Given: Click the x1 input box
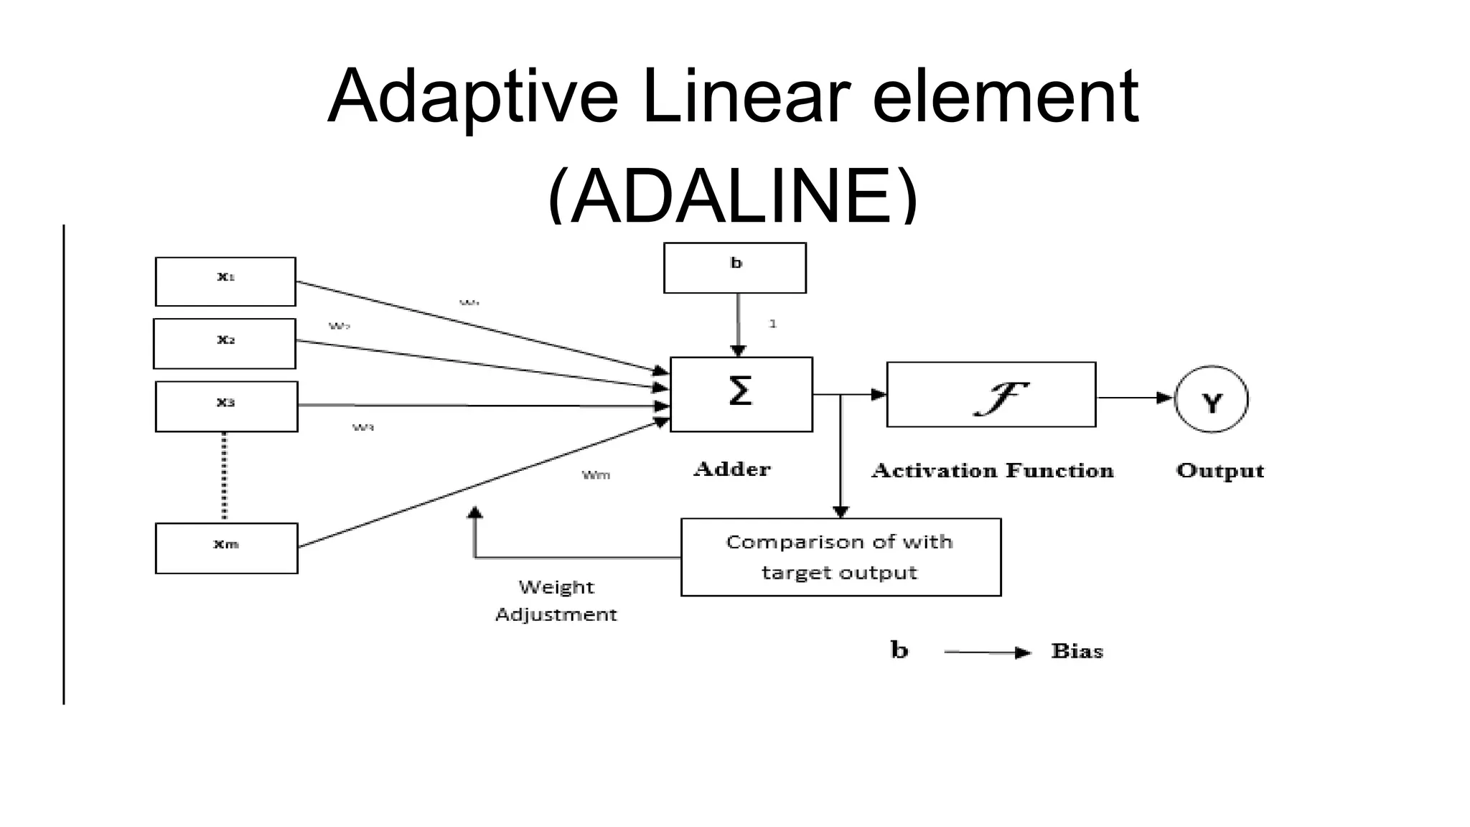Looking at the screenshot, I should [x=225, y=281].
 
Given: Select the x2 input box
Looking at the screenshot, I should [x=225, y=343].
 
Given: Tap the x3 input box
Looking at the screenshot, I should [x=226, y=406].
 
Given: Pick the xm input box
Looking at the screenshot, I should [x=226, y=548].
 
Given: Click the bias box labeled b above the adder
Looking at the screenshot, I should [x=734, y=268].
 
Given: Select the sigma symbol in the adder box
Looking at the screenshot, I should [x=740, y=392].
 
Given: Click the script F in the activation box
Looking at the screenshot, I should [x=999, y=398].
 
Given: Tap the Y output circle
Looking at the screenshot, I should [x=1211, y=399].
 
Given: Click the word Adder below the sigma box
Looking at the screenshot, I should [x=731, y=469].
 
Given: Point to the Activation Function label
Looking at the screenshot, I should [x=992, y=470].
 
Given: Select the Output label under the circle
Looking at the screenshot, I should [x=1219, y=470].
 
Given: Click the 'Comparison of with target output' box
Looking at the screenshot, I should [x=840, y=557].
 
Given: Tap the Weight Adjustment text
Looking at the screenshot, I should [x=556, y=600].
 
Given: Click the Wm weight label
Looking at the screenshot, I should [x=596, y=475].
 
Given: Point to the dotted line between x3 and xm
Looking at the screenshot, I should [x=224, y=477].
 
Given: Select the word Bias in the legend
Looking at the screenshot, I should [x=1077, y=651].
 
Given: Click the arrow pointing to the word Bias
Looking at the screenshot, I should [x=987, y=652].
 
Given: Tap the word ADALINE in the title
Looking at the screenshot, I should [x=732, y=195].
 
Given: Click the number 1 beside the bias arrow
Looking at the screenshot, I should [x=772, y=324].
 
